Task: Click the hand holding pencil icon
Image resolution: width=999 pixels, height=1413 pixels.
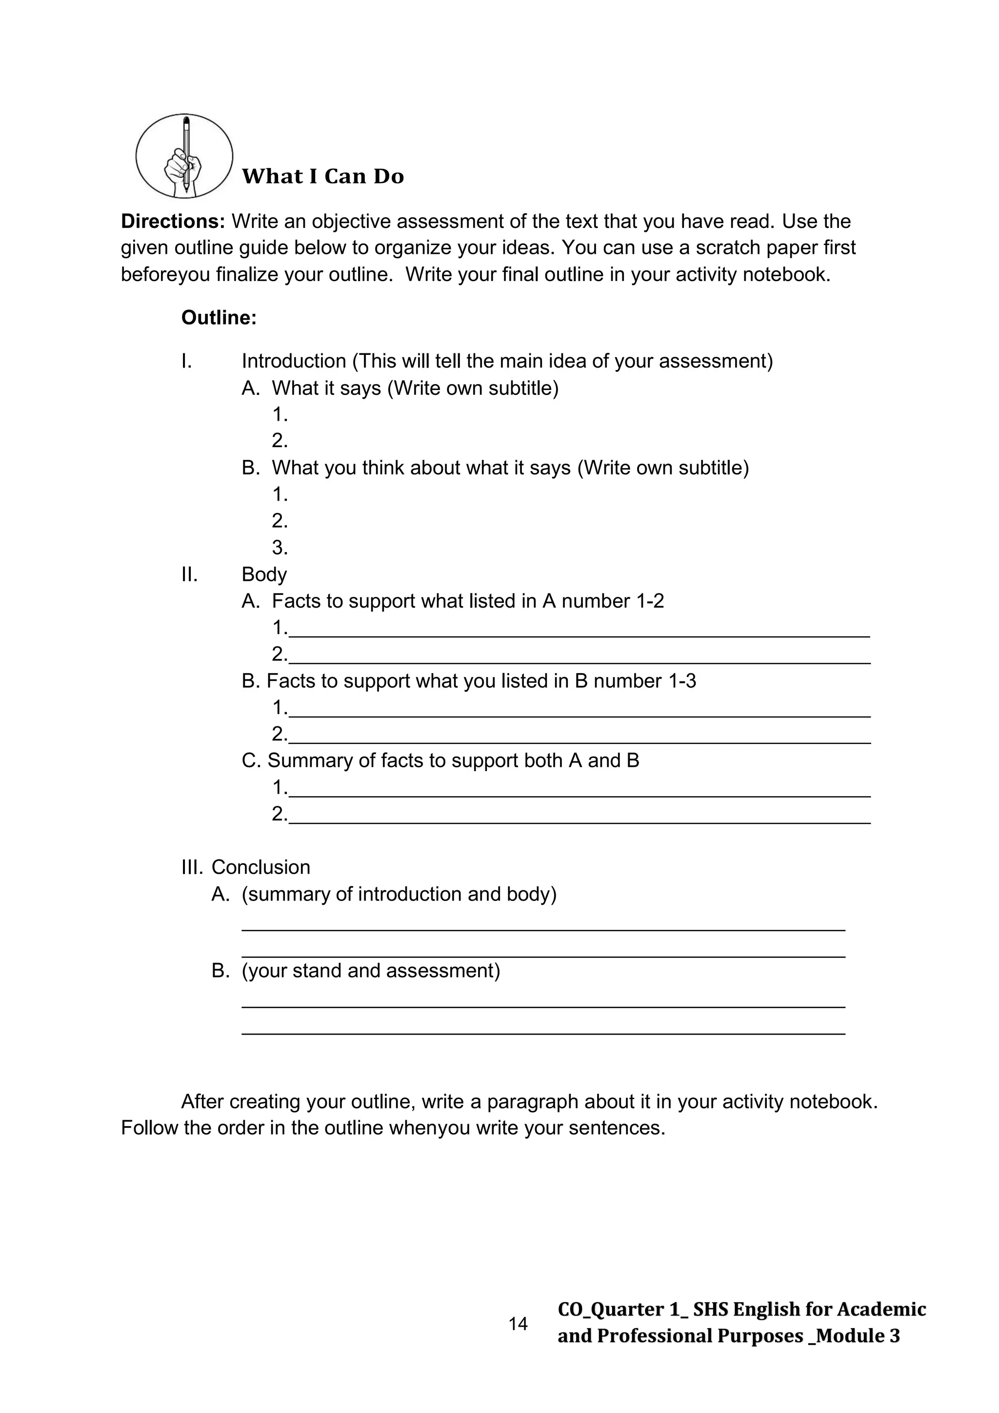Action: [184, 156]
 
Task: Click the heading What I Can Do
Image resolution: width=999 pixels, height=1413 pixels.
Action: [323, 177]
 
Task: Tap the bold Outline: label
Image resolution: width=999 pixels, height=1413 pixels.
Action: [219, 318]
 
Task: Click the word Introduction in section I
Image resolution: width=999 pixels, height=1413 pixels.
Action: [294, 361]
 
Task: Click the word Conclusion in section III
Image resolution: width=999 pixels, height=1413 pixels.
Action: [261, 867]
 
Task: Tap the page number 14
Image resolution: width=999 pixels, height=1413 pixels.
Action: [518, 1324]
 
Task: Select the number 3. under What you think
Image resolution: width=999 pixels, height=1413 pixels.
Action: [280, 547]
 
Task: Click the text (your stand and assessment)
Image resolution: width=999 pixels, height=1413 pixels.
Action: [371, 970]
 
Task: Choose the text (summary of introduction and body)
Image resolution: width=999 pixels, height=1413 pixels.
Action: [399, 894]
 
